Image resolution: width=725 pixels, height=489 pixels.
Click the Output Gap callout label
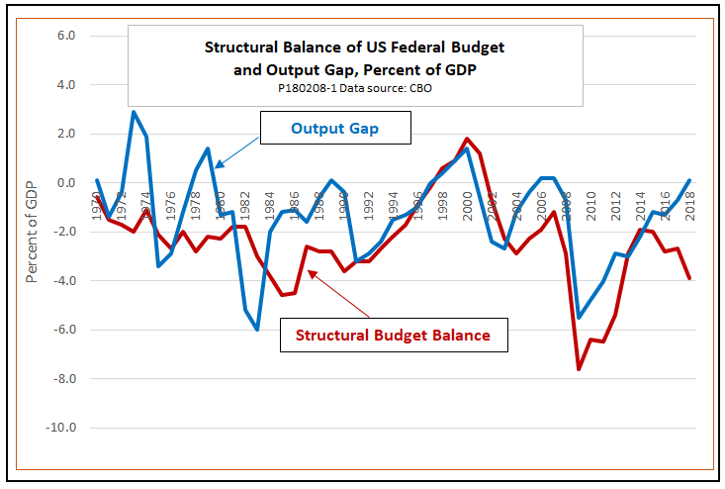coord(336,128)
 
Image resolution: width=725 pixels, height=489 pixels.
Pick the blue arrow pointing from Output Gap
coord(238,147)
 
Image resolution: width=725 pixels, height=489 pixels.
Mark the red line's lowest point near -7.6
coord(579,369)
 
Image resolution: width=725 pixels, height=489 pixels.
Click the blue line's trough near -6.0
coord(257,330)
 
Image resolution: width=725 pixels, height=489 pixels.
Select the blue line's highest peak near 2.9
coord(134,112)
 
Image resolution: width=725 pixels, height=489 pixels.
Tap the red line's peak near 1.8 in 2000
coord(467,139)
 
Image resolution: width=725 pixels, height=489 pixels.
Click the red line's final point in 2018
coord(689,278)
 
